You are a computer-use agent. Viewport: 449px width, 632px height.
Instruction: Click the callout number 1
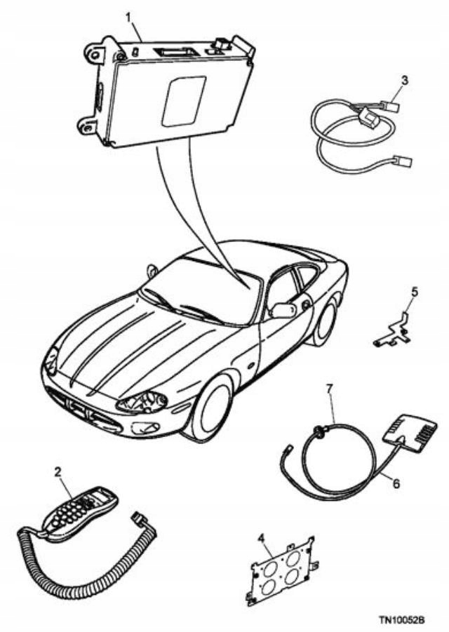pyautogui.click(x=128, y=15)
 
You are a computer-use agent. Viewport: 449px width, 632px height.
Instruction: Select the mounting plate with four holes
pyautogui.click(x=281, y=569)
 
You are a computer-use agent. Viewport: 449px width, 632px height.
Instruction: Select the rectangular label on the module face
pyautogui.click(x=183, y=101)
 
